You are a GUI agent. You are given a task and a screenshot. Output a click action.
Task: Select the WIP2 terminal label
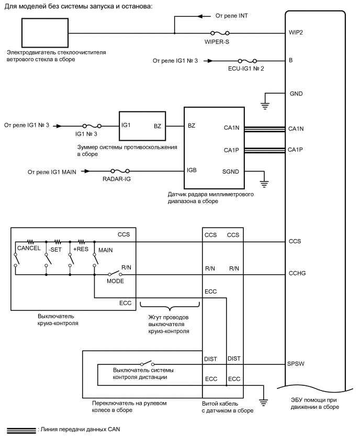click(296, 32)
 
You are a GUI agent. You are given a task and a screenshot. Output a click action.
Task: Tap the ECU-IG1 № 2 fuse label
click(246, 69)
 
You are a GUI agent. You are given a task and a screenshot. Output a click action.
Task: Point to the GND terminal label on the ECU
click(296, 94)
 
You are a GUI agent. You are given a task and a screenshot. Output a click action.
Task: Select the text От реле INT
click(235, 16)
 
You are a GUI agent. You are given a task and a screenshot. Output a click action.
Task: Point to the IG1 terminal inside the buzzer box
click(126, 126)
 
